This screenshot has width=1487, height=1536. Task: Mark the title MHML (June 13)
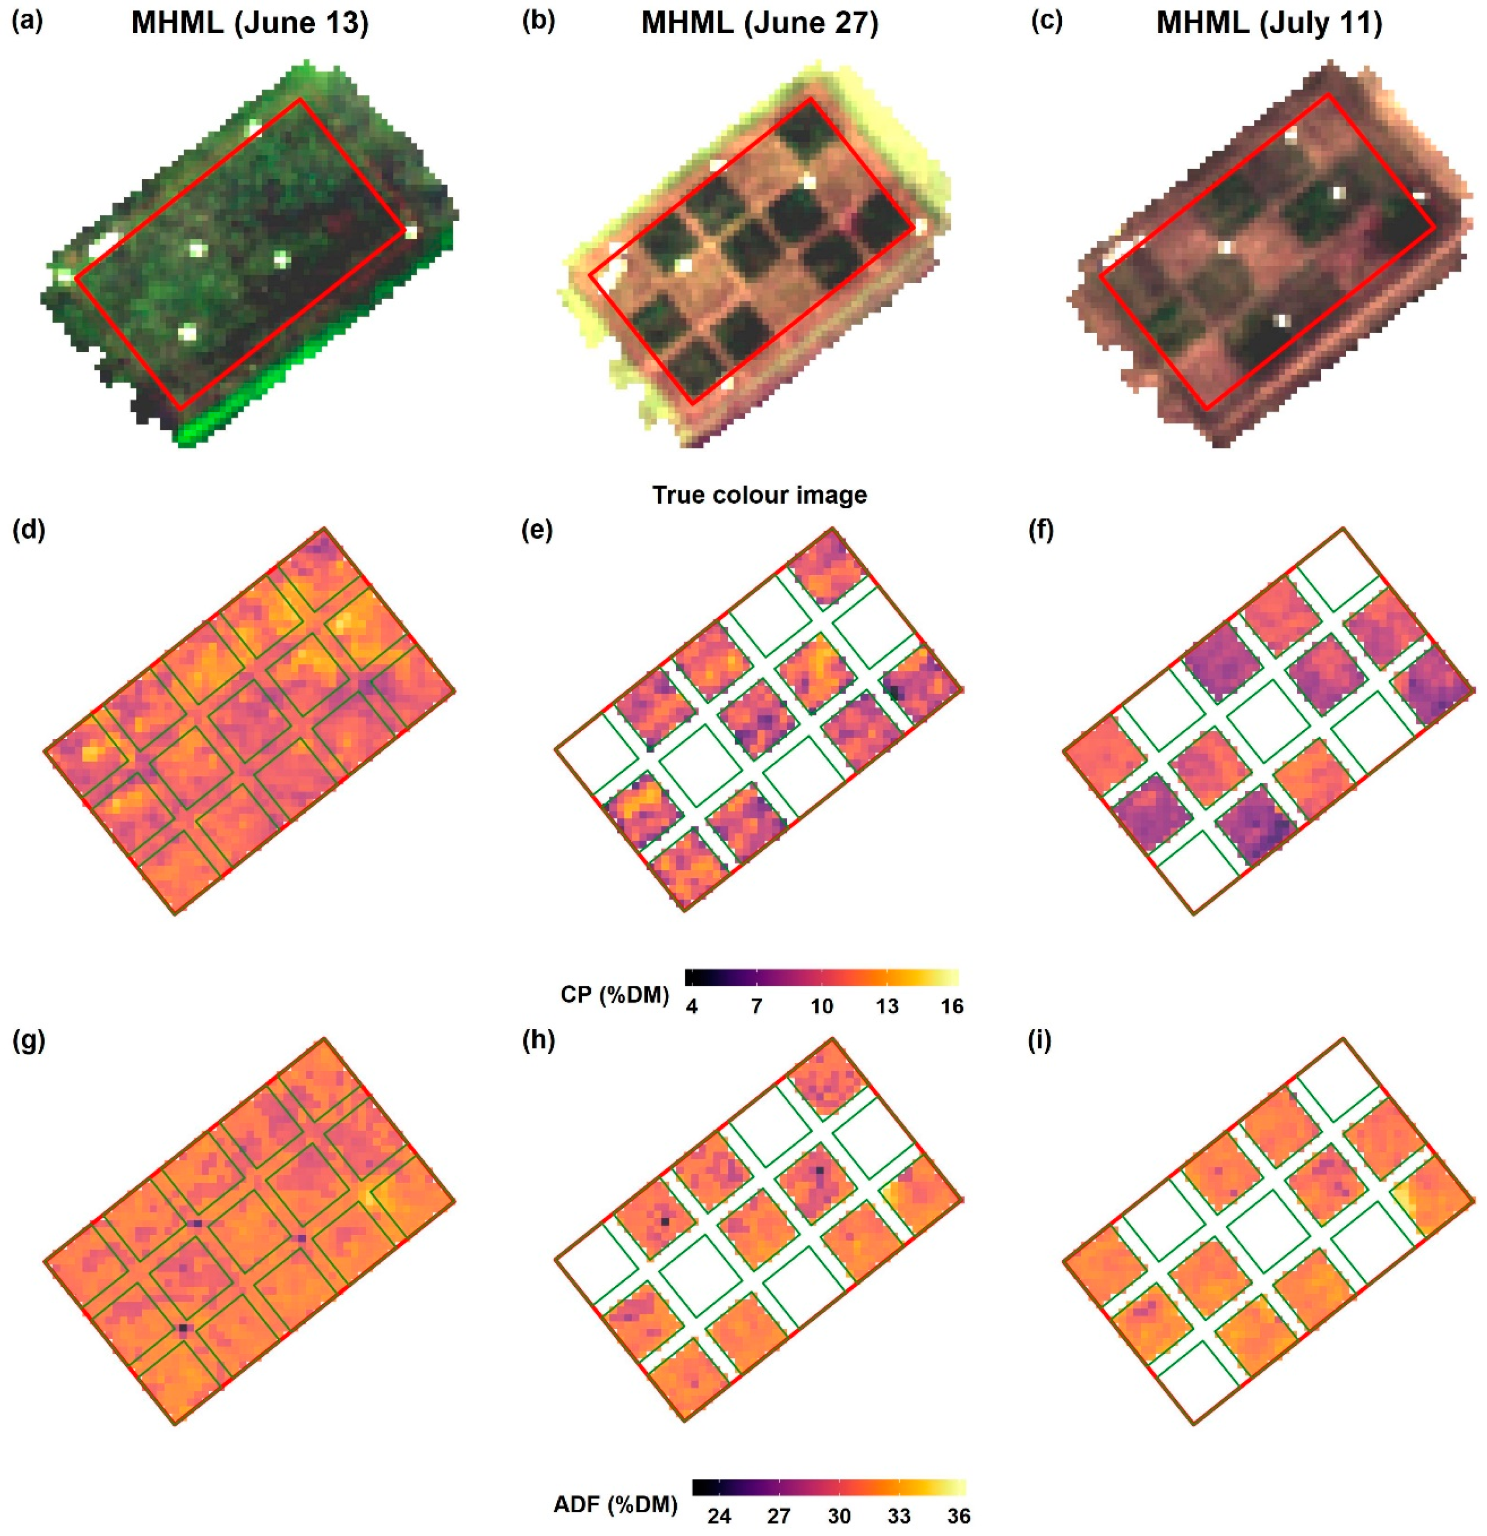(249, 24)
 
